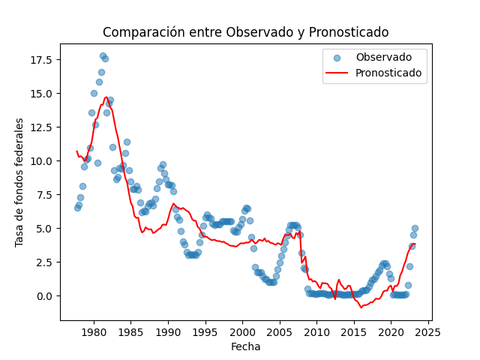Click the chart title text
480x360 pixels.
245,32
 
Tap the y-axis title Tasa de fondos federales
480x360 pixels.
20,182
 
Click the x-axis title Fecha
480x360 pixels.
245,346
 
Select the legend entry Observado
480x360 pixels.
383,58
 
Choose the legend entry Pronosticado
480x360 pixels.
388,73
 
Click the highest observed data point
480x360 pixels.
103,55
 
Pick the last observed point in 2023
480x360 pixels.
415,228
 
